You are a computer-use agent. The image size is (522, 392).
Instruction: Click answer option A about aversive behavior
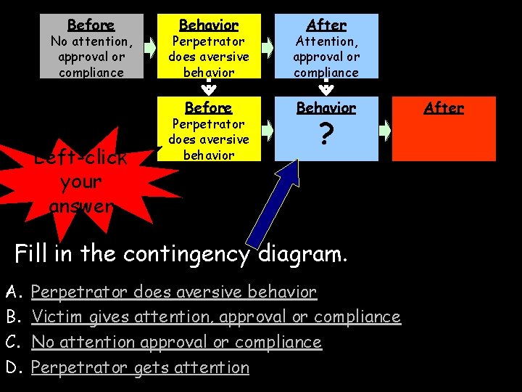pyautogui.click(x=174, y=293)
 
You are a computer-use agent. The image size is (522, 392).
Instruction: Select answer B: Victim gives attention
pyautogui.click(x=216, y=317)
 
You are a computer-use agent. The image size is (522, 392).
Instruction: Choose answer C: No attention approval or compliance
pyautogui.click(x=176, y=342)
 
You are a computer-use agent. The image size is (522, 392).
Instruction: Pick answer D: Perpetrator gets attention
pyautogui.click(x=140, y=367)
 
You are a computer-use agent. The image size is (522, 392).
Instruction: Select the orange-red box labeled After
pyautogui.click(x=444, y=128)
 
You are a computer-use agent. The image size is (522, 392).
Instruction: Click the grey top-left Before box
pyautogui.click(x=91, y=46)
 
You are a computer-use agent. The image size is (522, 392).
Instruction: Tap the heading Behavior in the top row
pyautogui.click(x=208, y=25)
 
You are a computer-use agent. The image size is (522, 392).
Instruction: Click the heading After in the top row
pyautogui.click(x=326, y=25)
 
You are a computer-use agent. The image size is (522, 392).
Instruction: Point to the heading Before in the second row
pyautogui.click(x=208, y=107)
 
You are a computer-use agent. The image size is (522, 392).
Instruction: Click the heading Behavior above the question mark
pyautogui.click(x=326, y=107)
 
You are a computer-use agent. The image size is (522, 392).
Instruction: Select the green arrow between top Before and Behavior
pyautogui.click(x=150, y=48)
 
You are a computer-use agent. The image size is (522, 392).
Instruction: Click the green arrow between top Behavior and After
pyautogui.click(x=268, y=48)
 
